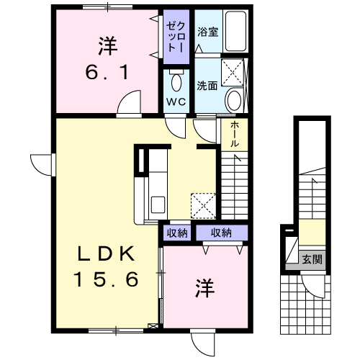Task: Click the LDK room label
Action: point(106,254)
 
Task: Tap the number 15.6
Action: point(106,279)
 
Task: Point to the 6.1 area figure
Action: point(107,72)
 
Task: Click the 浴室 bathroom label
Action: point(208,32)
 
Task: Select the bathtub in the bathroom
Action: point(235,31)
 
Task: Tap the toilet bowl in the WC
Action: point(176,82)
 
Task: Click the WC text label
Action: point(176,102)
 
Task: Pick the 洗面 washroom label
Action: point(207,86)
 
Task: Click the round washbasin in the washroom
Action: point(234,101)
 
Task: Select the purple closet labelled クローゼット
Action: point(176,37)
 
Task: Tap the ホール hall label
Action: point(235,134)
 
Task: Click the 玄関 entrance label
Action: point(312,259)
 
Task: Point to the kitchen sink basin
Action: point(158,204)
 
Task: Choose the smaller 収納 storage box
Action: point(177,233)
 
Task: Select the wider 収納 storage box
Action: point(222,233)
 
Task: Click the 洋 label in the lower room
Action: point(204,288)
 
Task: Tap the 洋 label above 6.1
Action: point(107,46)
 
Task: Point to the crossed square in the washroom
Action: point(233,72)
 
